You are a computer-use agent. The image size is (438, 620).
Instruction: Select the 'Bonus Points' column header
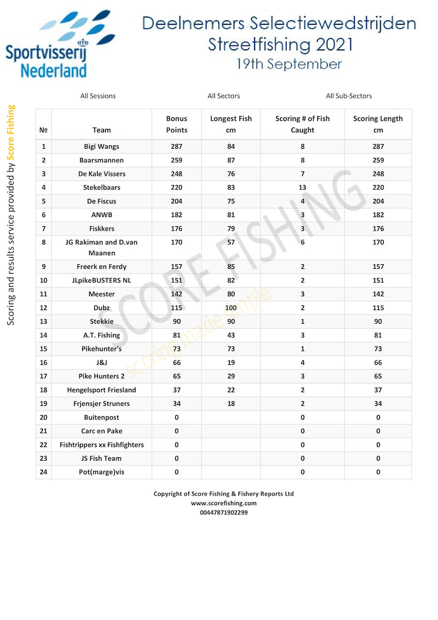pos(177,124)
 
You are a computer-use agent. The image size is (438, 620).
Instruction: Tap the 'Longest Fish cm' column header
pos(231,124)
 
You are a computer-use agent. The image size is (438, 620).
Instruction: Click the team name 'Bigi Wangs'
pos(102,146)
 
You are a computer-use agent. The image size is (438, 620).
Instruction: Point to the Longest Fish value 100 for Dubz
pos(231,308)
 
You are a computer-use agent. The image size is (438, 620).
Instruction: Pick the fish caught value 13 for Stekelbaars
pos(302,187)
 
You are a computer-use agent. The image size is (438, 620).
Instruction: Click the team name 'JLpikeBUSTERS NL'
pos(102,280)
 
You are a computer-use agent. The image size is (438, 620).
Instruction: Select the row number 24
pos(44,472)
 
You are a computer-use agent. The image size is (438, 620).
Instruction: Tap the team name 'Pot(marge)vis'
pos(102,472)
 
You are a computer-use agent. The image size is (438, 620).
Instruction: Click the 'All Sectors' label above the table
pos(224,96)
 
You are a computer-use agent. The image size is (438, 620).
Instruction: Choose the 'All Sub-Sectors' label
pos(349,96)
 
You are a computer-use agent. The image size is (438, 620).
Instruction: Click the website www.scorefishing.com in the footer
pos(224,503)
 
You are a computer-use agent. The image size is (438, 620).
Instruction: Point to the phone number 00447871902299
pos(224,512)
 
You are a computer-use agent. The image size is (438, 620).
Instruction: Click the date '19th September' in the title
pos(289,64)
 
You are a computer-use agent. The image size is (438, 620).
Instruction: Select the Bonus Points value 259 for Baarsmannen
pos(177,160)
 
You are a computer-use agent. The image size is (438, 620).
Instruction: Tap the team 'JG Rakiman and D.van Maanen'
pos(102,248)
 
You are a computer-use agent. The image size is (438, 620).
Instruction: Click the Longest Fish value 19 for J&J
pos(231,362)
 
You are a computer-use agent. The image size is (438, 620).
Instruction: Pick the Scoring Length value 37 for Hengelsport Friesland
pos(378,390)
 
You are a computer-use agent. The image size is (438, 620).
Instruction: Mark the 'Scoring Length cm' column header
pos(378,124)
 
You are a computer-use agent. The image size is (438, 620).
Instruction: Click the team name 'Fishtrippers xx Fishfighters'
pos(102,445)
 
